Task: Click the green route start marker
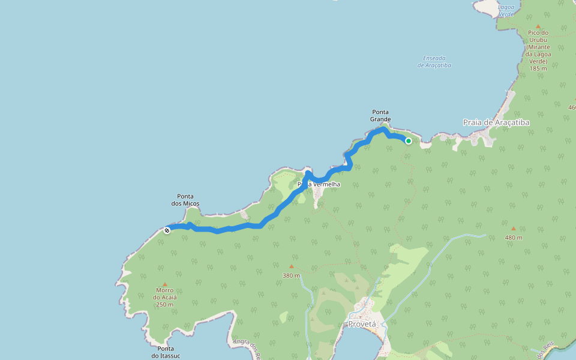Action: click(x=409, y=141)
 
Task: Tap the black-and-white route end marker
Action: click(x=167, y=230)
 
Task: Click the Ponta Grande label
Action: click(x=380, y=115)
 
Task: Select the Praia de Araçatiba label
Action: click(x=496, y=122)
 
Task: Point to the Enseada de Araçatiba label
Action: click(x=437, y=62)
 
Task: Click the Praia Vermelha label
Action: click(x=319, y=184)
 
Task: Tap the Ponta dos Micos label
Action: click(x=188, y=200)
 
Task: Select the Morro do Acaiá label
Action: click(x=164, y=294)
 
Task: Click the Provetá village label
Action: click(x=362, y=324)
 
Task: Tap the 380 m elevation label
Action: click(x=291, y=276)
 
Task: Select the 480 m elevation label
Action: click(x=513, y=238)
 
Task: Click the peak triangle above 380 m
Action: click(x=292, y=266)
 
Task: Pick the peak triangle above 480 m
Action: click(x=513, y=228)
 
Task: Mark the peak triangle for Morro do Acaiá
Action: click(x=165, y=284)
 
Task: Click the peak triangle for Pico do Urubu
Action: click(x=538, y=26)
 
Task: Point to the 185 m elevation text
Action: click(x=538, y=68)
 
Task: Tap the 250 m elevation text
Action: click(x=164, y=305)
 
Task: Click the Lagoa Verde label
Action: click(x=506, y=10)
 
